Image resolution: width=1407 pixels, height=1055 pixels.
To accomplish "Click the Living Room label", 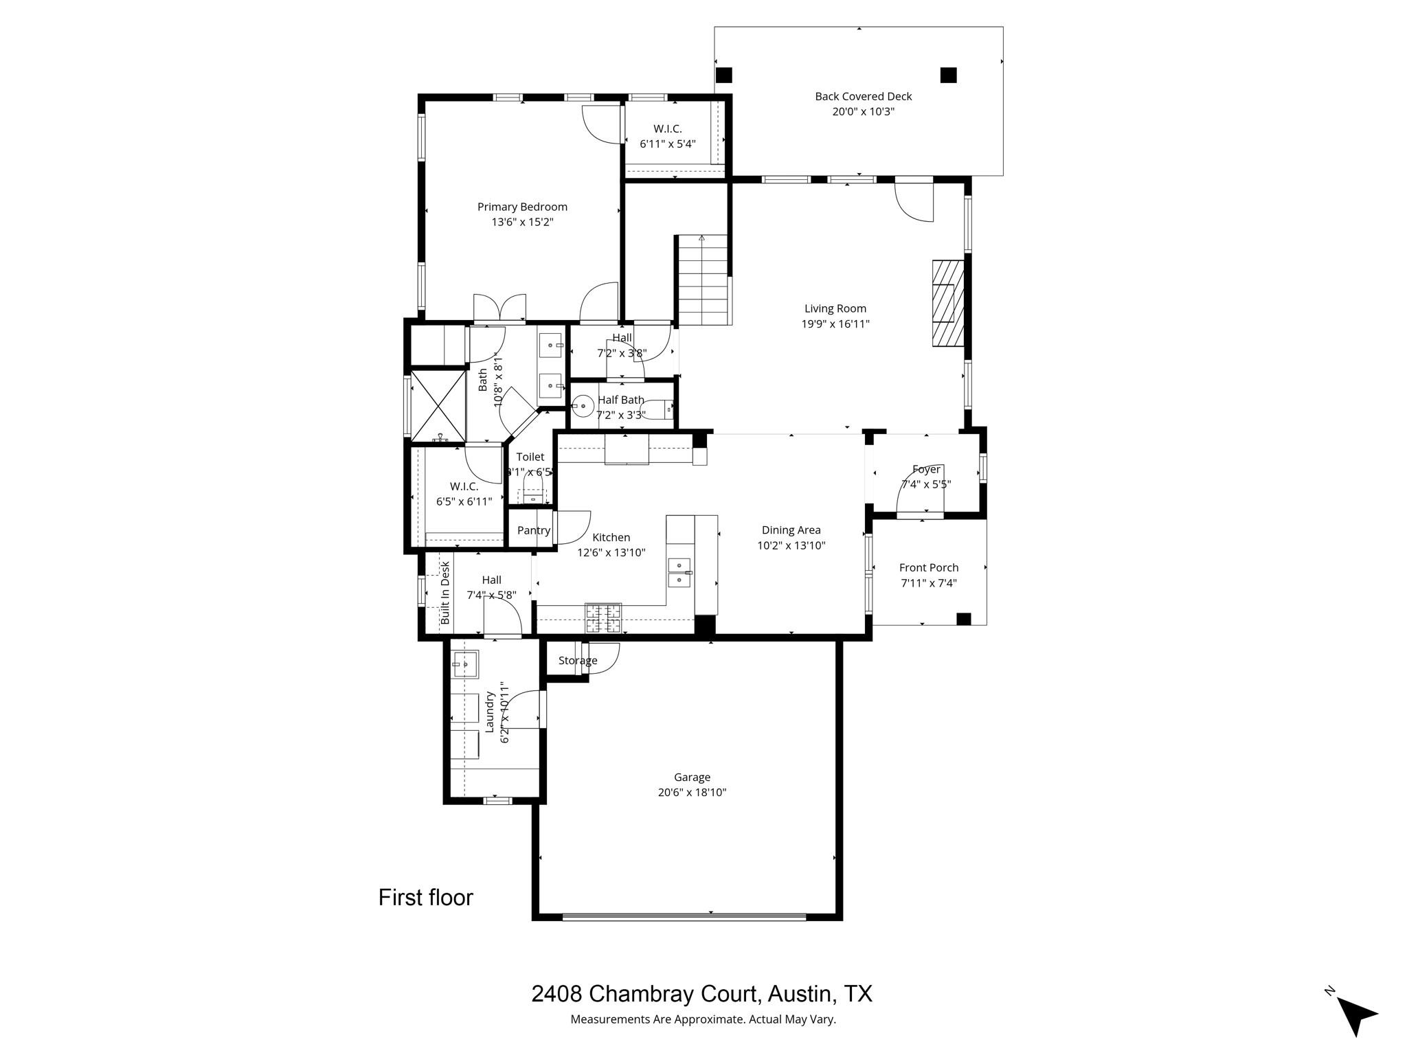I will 835,309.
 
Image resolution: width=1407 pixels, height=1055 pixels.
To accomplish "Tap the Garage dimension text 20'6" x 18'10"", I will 691,793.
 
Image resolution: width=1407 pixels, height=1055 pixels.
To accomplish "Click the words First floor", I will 426,898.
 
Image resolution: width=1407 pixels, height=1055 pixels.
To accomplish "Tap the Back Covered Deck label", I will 863,97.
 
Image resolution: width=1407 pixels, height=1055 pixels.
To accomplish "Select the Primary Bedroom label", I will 522,207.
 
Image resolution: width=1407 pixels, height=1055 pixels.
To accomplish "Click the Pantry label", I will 534,530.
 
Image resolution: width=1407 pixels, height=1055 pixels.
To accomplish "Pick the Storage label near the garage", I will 577,661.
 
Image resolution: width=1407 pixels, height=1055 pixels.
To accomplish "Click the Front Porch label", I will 928,568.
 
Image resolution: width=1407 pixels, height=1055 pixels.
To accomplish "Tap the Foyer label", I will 926,470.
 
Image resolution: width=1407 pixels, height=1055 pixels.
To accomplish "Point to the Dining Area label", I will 791,530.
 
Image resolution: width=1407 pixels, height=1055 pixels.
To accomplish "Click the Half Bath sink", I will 583,407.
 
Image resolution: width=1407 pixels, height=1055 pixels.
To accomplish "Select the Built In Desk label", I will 445,592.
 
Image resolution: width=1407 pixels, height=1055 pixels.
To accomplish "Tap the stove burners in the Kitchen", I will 603,617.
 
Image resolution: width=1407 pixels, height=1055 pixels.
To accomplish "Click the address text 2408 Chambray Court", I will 644,994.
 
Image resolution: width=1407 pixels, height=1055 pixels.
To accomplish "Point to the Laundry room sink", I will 465,664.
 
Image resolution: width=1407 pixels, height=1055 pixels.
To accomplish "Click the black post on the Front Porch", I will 963,619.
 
